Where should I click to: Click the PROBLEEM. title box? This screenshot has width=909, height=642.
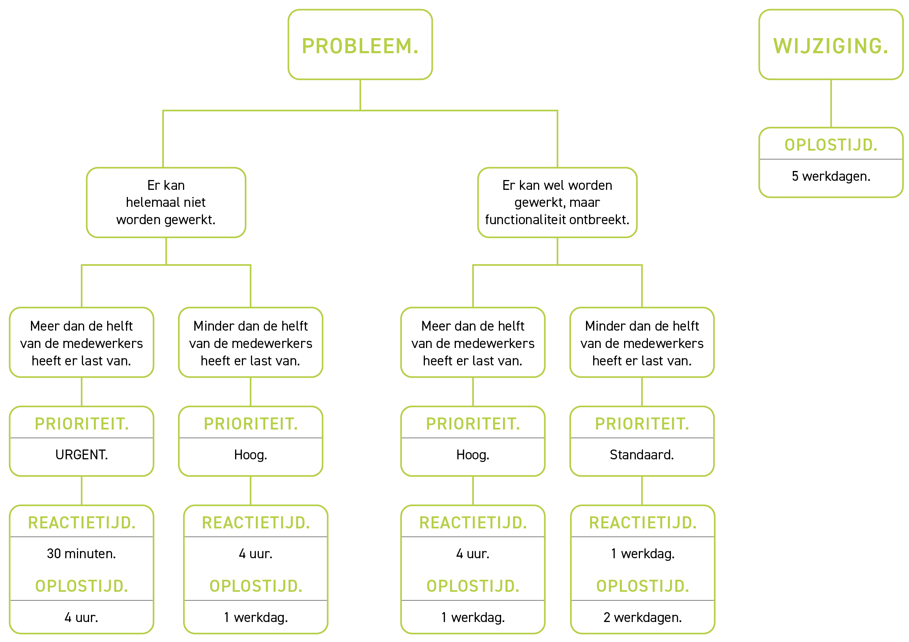click(x=360, y=45)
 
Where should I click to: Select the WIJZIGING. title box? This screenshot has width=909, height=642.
click(x=831, y=45)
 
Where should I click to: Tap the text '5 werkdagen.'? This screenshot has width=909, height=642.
click(x=831, y=176)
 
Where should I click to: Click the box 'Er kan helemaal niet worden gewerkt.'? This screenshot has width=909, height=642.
click(x=166, y=202)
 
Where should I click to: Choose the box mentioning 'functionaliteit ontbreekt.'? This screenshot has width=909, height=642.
click(x=557, y=202)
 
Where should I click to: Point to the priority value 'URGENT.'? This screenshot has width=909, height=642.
click(x=82, y=455)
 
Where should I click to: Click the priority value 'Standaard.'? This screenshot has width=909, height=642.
click(x=642, y=455)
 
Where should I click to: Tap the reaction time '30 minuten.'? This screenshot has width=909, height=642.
click(x=82, y=554)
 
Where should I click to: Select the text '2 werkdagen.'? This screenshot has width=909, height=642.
click(x=643, y=617)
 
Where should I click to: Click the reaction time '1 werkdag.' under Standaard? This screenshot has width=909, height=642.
click(x=643, y=554)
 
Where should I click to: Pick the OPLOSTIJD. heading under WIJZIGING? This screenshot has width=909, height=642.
click(x=831, y=145)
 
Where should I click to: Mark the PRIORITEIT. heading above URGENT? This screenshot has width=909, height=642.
click(x=82, y=424)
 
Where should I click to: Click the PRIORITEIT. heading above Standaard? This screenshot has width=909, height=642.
click(x=642, y=424)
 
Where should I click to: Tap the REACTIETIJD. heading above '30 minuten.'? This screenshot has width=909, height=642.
click(x=82, y=523)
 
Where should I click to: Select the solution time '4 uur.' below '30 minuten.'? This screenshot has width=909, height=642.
click(x=82, y=617)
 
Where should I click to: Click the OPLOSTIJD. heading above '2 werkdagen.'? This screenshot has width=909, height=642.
click(x=643, y=586)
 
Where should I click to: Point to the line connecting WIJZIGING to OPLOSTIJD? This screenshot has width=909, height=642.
click(x=831, y=103)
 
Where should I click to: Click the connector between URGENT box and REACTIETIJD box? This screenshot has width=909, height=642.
click(x=82, y=490)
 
